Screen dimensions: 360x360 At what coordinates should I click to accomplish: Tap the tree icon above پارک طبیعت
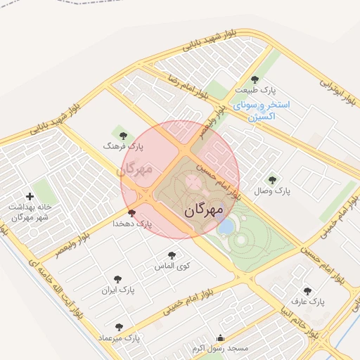point(255,79)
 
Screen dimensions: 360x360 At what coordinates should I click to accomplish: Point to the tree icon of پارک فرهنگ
point(123,136)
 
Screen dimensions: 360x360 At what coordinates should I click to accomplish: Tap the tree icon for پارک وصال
point(272,180)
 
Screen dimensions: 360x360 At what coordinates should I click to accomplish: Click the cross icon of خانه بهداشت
point(29,197)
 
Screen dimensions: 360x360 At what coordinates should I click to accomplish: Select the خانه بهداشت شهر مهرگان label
point(29,212)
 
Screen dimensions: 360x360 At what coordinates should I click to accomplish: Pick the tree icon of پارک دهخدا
point(131,213)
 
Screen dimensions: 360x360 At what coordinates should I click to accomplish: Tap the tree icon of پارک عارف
point(307,290)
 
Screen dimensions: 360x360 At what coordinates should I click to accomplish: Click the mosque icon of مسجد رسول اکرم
point(221,337)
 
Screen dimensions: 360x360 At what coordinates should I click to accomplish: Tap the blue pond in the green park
point(226,226)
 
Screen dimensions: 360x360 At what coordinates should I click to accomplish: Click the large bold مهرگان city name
point(204,210)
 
